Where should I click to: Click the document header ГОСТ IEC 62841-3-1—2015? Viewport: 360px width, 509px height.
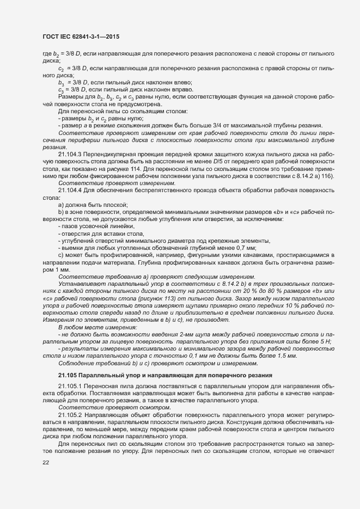tap(81, 36)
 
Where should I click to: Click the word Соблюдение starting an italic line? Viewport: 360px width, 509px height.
tap(75, 363)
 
